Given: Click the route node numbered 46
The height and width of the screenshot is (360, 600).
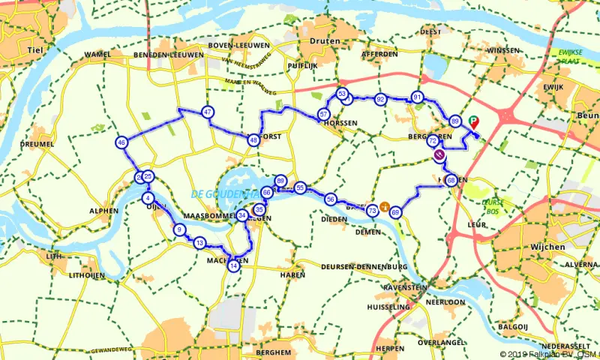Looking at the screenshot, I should tap(121, 142).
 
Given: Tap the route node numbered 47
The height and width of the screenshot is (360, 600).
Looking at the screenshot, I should tap(208, 112).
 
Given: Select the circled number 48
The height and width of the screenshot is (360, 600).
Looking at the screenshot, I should tap(253, 139).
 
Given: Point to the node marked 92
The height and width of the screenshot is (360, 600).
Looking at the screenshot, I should tap(381, 99).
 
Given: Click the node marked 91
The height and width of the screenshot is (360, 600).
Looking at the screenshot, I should tap(416, 97).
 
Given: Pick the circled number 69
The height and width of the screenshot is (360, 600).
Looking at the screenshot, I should tap(395, 213).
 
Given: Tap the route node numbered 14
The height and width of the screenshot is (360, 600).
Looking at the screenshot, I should tap(234, 265).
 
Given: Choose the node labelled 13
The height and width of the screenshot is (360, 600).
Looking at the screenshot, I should tap(199, 243).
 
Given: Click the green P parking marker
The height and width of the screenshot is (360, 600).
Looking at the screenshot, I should tap(473, 120).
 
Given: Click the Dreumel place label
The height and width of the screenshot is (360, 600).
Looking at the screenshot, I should tap(38, 144).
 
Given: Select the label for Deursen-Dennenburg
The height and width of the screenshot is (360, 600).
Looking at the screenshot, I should tap(363, 267).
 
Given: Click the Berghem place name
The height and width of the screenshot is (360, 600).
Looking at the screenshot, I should tap(273, 352).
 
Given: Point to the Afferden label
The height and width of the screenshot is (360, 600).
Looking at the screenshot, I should tap(379, 55).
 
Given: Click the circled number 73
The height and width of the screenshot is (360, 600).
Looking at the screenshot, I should tap(372, 211).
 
